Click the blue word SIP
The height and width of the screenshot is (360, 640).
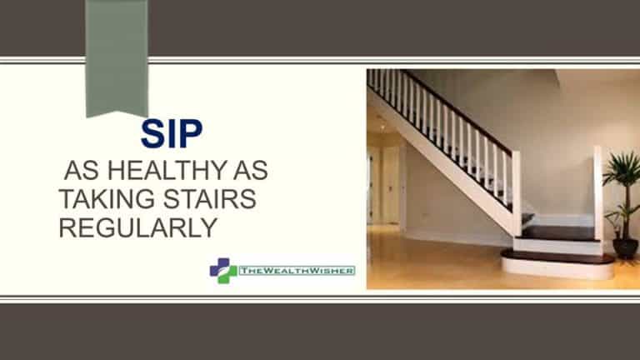coord(172,133)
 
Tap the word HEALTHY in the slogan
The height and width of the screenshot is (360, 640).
coord(167,170)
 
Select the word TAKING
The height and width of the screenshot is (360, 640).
coord(107,199)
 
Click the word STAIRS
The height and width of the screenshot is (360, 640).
coord(210,199)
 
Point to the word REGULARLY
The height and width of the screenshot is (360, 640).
coord(138,227)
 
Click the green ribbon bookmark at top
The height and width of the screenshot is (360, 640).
coord(117,58)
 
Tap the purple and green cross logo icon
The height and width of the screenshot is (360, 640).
coord(223,271)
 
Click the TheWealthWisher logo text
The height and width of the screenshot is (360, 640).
coord(297,271)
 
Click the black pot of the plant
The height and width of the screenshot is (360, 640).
coord(625,248)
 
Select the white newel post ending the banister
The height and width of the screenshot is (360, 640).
coord(517,193)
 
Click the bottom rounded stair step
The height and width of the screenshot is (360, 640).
coord(558,264)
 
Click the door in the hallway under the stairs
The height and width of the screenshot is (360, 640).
coord(390,185)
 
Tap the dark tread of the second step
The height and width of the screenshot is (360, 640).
coord(557,233)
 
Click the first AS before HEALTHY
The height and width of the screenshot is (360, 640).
coord(82,170)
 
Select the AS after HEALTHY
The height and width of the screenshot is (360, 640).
coord(251,170)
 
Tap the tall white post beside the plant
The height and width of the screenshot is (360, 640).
coord(598,193)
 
